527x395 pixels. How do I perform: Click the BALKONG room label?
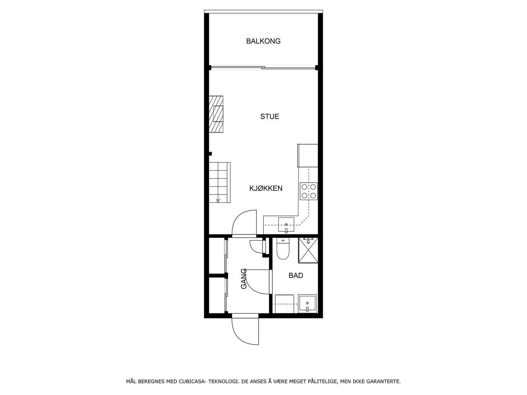click(x=263, y=41)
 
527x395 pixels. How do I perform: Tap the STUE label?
click(x=269, y=117)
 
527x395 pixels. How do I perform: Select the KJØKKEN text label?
click(x=266, y=188)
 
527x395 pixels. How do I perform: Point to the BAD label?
click(x=296, y=276)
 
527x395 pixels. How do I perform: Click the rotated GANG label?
click(x=244, y=279)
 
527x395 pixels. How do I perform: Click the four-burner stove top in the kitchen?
click(x=309, y=191)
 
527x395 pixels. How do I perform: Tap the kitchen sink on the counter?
click(x=286, y=224)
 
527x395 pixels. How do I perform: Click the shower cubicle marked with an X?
click(x=308, y=250)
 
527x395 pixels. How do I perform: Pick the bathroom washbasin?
click(x=307, y=303)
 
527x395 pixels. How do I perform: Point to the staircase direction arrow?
click(x=218, y=200)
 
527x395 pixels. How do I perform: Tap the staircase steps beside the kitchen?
click(x=219, y=182)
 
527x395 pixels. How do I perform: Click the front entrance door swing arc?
click(x=244, y=332)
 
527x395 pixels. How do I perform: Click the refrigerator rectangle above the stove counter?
click(x=308, y=155)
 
